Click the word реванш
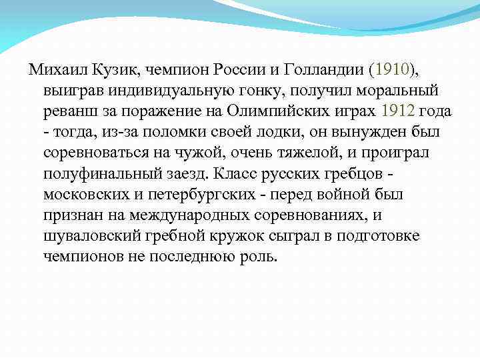71,111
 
